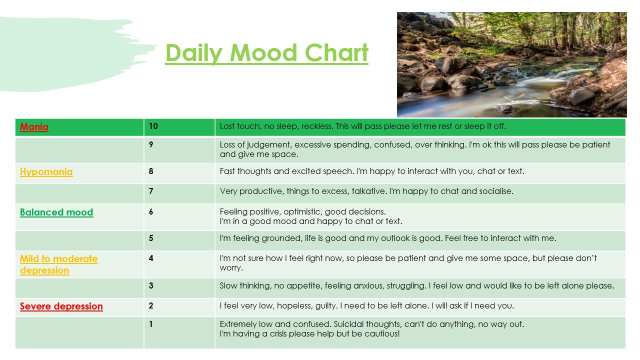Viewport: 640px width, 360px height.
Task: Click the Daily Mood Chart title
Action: [x=266, y=53]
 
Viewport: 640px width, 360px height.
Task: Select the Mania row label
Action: [x=34, y=126]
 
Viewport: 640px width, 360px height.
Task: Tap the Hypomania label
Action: [x=46, y=171]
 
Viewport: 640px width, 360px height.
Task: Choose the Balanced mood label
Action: [x=56, y=212]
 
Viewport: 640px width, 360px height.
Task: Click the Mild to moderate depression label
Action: [x=59, y=264]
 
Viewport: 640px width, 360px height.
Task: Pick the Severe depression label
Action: [x=61, y=306]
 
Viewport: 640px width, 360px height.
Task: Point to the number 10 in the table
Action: [x=153, y=126]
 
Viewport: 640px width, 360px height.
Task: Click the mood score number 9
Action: [x=151, y=144]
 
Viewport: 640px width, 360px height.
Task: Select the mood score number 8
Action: [x=151, y=171]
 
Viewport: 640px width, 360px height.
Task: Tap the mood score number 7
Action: [x=151, y=191]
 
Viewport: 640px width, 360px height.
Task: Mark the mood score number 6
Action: [x=151, y=211]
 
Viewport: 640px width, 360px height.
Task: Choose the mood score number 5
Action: [x=151, y=238]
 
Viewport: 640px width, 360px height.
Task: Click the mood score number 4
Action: [x=151, y=258]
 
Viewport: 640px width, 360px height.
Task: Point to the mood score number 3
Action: [x=151, y=285]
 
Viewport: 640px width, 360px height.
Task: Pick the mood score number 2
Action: [x=151, y=305]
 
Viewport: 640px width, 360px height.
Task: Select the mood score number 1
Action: [x=151, y=324]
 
